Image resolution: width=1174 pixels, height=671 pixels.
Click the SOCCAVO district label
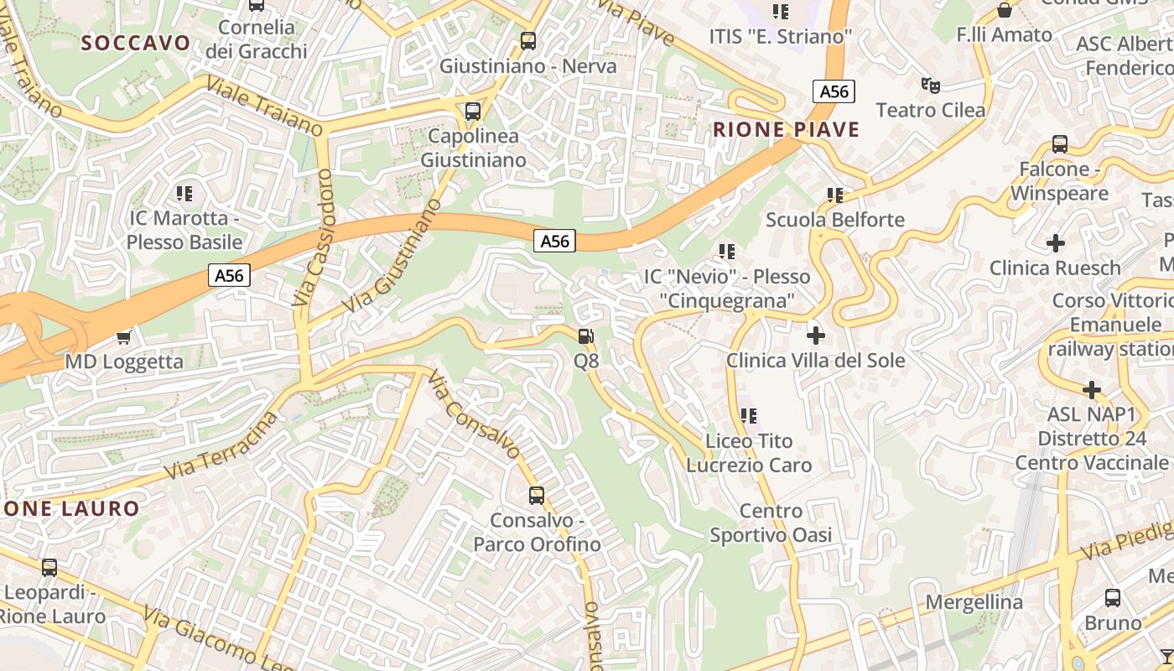tap(136, 43)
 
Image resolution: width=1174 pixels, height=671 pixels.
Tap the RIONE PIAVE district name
tap(787, 129)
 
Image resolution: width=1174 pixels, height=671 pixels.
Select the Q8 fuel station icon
tap(586, 337)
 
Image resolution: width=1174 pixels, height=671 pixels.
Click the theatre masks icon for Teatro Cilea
tap(930, 85)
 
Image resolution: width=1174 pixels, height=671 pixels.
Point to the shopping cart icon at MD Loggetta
tap(124, 337)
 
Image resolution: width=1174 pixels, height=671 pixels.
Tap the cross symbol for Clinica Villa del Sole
tap(815, 335)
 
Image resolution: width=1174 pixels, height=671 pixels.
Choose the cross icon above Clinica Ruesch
tap(1056, 243)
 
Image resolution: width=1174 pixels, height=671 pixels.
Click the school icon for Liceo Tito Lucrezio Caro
tap(749, 415)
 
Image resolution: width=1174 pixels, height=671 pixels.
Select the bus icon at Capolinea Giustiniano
tap(473, 111)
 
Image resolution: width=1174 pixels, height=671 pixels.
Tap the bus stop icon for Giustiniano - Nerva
tap(528, 40)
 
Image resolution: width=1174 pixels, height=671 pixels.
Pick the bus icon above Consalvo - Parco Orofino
tap(537, 495)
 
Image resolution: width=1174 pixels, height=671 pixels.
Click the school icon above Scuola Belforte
tap(835, 195)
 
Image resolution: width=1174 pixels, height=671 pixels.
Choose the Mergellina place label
tap(974, 602)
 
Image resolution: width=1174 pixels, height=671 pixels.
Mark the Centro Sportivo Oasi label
tap(771, 523)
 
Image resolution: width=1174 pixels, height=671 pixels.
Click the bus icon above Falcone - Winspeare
tap(1060, 144)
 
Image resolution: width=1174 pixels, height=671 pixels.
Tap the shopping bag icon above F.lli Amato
tap(1005, 10)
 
